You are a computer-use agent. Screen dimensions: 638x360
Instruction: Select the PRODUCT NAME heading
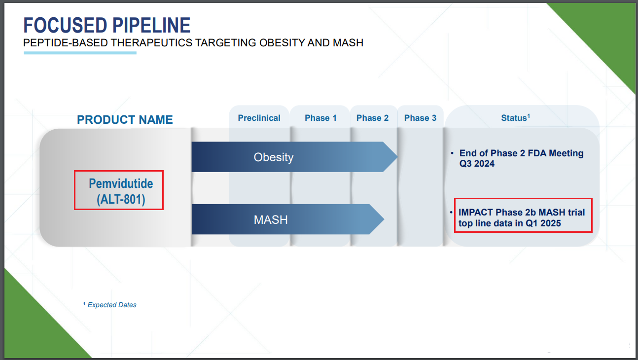[x=125, y=120]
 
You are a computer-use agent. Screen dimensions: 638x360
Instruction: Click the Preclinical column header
[x=259, y=118]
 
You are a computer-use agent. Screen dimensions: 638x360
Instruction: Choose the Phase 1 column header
[x=320, y=118]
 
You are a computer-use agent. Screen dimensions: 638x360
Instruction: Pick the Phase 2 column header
[x=373, y=118]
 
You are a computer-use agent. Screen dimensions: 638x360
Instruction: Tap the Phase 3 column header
[x=421, y=118]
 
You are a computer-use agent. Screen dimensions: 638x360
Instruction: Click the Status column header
[x=516, y=118]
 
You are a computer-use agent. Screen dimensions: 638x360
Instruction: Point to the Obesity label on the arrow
[x=274, y=157]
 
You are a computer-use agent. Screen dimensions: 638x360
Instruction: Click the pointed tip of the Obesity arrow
[x=397, y=157]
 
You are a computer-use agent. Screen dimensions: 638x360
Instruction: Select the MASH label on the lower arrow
[x=271, y=220]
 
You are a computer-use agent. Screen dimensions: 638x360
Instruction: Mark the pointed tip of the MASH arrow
[x=384, y=219]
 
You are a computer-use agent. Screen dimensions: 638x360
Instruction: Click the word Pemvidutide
[x=121, y=184]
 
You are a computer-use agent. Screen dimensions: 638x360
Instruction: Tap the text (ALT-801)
[x=121, y=199]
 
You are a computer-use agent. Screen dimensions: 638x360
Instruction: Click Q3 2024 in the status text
[x=477, y=164]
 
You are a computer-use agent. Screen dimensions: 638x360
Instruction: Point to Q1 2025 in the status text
[x=543, y=223]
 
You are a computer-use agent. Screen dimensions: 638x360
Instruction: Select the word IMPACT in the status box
[x=476, y=213]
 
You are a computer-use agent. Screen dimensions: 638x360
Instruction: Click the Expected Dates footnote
[x=109, y=305]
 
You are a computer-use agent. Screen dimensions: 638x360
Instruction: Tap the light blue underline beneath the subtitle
[x=80, y=53]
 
